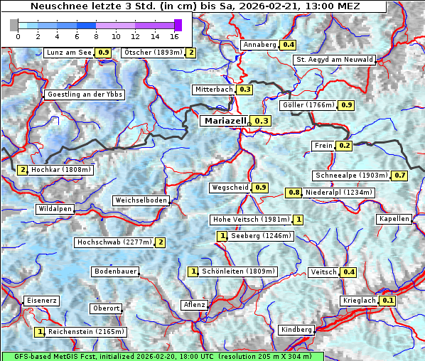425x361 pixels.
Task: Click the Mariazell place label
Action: pos(225,121)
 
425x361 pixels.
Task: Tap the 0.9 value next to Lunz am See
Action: pos(104,53)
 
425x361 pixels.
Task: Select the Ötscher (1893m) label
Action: pos(152,53)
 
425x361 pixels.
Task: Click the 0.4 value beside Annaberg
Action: pos(288,45)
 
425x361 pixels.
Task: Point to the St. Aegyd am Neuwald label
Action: pos(334,60)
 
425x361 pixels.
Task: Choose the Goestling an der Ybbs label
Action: pos(85,95)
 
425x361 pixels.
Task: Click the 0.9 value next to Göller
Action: pos(346,105)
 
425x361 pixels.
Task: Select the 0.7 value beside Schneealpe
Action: pos(400,176)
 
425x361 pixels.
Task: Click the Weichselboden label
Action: pos(141,201)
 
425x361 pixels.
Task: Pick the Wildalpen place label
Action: pos(55,209)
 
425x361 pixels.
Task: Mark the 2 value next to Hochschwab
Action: pos(161,242)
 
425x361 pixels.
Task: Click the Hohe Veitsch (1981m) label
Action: pos(252,220)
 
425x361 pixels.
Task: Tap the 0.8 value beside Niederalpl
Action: pos(294,193)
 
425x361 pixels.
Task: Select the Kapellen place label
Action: pos(394,219)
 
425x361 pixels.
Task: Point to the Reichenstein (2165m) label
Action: pos(86,331)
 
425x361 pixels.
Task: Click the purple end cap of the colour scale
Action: pos(178,25)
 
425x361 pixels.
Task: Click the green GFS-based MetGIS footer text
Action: pos(162,356)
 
